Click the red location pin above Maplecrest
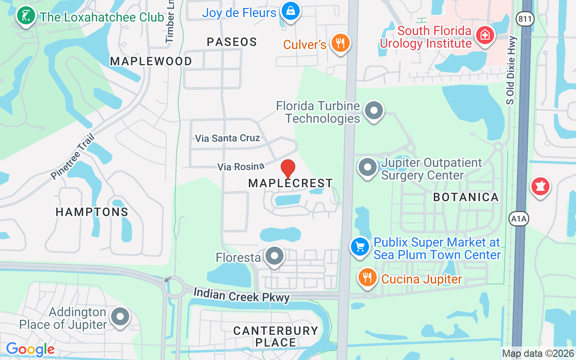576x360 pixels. tap(288, 169)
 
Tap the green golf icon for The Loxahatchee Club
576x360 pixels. tap(27, 16)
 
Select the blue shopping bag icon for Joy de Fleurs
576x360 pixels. tap(291, 11)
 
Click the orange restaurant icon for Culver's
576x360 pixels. tap(340, 43)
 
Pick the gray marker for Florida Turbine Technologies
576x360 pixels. tap(373, 110)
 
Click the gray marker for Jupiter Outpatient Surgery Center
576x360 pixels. tap(368, 167)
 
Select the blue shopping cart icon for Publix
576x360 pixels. tap(360, 247)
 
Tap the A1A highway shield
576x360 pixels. tap(518, 219)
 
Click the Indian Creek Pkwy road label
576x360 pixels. tap(242, 295)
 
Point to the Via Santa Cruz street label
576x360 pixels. tap(227, 138)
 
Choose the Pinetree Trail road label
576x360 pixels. tap(73, 156)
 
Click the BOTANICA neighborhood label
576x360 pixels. tap(466, 197)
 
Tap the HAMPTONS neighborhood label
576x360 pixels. tap(92, 212)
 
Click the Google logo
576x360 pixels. tap(31, 349)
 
